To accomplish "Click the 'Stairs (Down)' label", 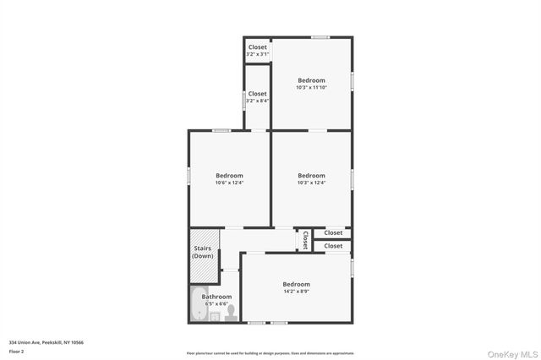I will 203,252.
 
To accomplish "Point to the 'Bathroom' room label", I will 216,297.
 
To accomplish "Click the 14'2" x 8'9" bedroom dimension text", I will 296,292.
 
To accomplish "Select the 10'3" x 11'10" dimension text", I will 311,87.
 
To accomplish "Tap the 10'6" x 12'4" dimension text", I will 229,183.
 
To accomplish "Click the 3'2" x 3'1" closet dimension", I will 257,54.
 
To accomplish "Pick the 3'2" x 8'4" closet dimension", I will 257,101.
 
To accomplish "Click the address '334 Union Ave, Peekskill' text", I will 46,342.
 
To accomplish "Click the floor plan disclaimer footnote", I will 270,353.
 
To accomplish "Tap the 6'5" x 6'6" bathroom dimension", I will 216,304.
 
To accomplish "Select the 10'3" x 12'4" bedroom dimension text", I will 311,183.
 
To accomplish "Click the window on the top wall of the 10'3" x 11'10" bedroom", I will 320,37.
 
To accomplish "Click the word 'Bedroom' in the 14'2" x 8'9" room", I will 296,284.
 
